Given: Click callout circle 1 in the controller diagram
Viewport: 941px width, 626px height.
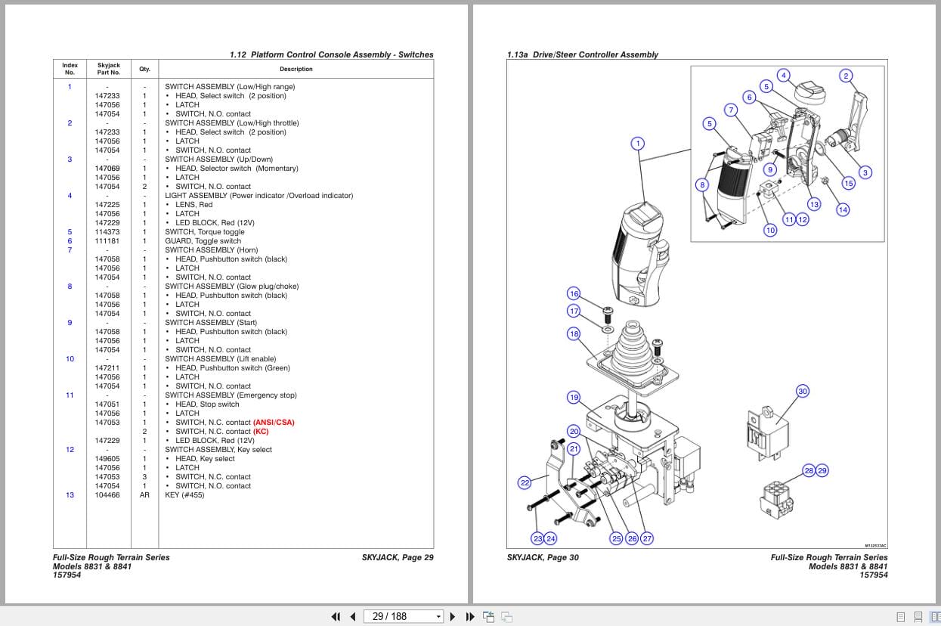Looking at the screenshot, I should click(637, 144).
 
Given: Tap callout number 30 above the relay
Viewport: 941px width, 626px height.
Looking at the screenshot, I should click(803, 391).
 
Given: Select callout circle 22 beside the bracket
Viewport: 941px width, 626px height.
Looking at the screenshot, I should click(525, 482).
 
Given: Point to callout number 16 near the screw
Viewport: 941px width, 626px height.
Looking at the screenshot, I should click(574, 293).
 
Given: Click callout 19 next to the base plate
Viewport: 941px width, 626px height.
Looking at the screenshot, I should click(574, 397).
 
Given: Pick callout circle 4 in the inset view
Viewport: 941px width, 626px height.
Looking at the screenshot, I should click(784, 75).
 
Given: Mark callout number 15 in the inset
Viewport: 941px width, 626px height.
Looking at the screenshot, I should click(849, 184).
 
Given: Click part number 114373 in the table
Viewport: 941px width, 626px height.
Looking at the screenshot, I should click(107, 232).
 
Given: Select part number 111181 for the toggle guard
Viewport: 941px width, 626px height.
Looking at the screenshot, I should click(107, 241).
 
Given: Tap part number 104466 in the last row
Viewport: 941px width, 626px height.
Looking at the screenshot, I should click(107, 495).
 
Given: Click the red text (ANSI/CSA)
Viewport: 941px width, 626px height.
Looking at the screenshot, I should click(274, 423).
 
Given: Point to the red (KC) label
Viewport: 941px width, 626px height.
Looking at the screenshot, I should click(261, 432).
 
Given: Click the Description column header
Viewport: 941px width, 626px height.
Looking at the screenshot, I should click(296, 69).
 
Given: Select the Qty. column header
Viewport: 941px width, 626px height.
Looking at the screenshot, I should click(144, 69).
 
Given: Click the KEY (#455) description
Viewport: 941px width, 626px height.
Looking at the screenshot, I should click(184, 495).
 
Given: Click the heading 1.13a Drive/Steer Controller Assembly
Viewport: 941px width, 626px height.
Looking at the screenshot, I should click(582, 54).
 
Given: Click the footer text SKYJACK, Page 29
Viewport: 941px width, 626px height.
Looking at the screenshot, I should click(398, 558).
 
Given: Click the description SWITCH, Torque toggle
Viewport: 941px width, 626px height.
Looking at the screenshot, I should click(205, 232).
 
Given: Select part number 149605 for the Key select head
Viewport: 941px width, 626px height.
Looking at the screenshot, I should click(107, 459).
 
